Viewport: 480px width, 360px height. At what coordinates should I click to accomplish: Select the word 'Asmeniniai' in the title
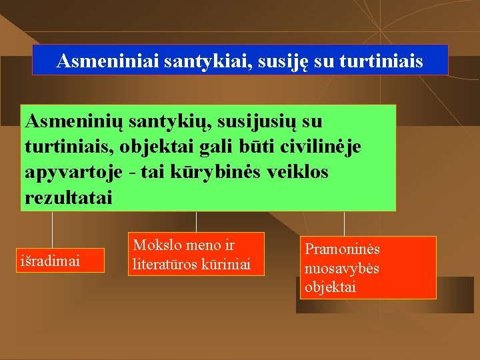(x=98, y=61)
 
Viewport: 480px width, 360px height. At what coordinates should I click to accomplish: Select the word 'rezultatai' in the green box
(x=69, y=197)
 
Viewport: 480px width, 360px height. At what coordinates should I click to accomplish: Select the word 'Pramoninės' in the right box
(x=342, y=249)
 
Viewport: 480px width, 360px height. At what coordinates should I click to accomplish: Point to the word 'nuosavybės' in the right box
(x=342, y=268)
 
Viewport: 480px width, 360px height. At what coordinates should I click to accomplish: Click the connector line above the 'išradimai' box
(x=53, y=230)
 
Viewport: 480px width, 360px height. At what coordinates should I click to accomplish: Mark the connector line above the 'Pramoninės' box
(x=344, y=223)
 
